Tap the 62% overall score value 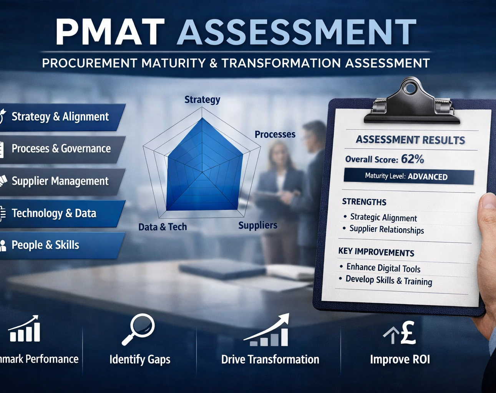412,159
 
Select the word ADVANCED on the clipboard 428,177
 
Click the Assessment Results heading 410,140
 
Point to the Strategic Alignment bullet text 383,217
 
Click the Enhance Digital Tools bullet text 383,268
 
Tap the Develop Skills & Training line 389,281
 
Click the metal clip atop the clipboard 411,103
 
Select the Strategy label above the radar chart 202,100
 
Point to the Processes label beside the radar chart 275,134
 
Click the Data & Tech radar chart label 163,227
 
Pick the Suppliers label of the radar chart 258,225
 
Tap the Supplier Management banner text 60,181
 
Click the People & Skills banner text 45,245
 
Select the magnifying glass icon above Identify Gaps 138,329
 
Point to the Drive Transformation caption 270,359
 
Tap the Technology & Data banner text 54,213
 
